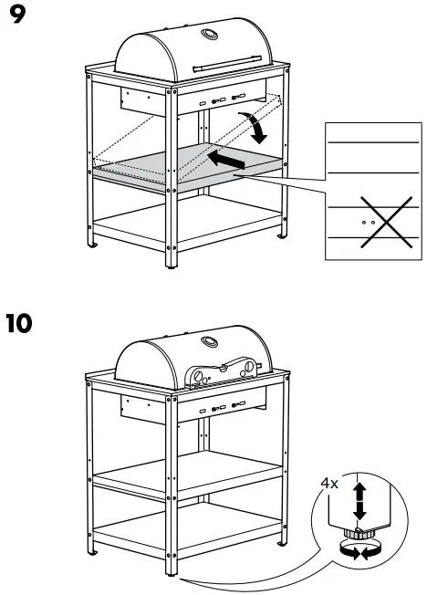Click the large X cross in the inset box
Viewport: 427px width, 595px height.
[370, 221]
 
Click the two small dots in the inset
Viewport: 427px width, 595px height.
[369, 221]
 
